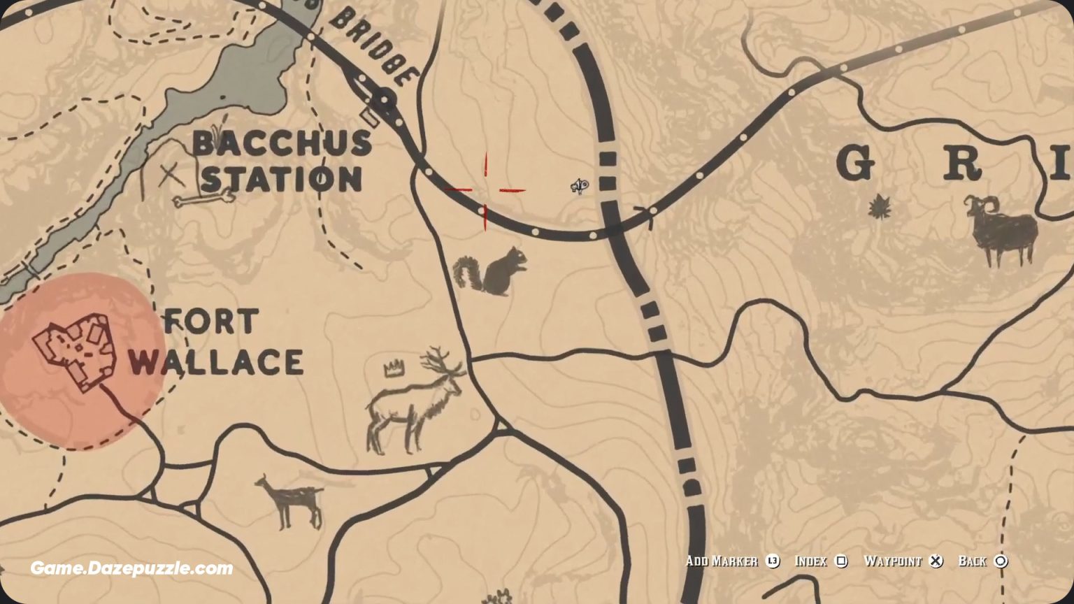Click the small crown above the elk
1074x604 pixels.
(x=395, y=368)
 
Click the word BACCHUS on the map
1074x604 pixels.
(x=282, y=143)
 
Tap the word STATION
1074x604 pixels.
(x=282, y=179)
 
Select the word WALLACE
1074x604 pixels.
(x=215, y=362)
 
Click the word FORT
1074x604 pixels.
(x=210, y=322)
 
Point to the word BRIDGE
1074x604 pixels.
(x=374, y=48)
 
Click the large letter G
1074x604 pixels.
(x=855, y=165)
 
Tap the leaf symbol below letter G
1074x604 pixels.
(x=876, y=208)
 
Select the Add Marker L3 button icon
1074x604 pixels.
(x=773, y=561)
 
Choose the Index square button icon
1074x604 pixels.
(x=841, y=561)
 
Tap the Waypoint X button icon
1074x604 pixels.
(x=936, y=561)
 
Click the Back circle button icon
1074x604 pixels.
(x=1001, y=561)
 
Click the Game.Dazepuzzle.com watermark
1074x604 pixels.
(x=131, y=568)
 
